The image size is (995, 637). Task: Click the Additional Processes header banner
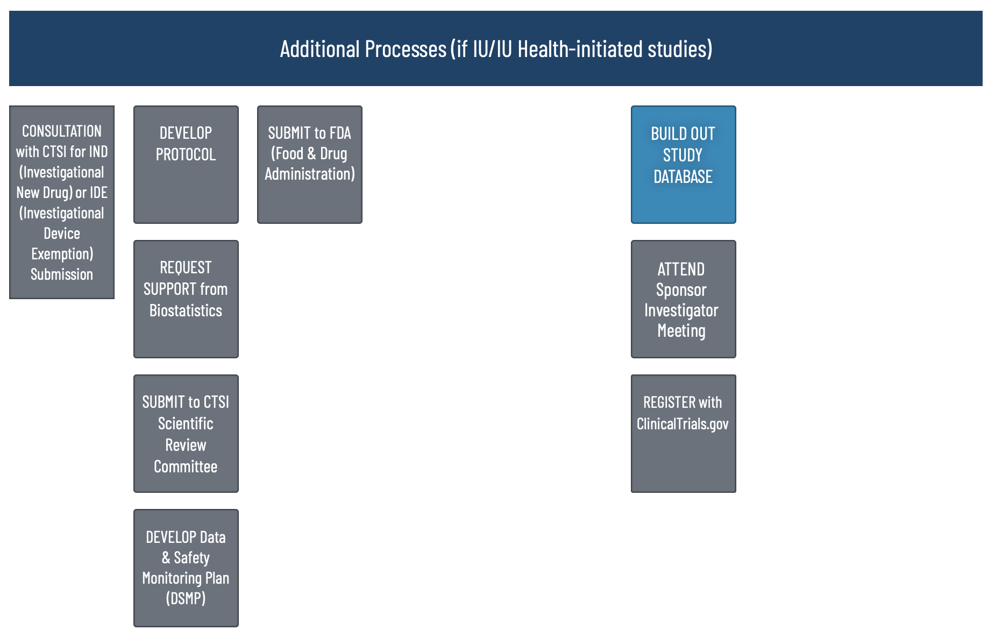coord(495,48)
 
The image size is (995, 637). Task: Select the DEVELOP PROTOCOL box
coord(186,165)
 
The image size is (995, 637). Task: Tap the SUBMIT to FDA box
coord(310,165)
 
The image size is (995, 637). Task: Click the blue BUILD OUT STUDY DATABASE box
coord(684,165)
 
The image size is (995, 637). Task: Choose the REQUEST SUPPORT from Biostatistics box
coord(186,299)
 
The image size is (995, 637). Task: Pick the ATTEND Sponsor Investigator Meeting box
coord(684,299)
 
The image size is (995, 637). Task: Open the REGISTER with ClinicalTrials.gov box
coord(684,434)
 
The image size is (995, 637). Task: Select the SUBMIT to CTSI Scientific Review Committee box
coord(186,434)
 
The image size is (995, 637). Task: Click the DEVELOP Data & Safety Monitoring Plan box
coord(186,568)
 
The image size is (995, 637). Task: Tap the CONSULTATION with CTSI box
coord(62,202)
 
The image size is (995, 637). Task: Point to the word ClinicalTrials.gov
coord(683,424)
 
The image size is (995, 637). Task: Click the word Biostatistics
coord(186,310)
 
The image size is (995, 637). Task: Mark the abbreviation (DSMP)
coord(186,598)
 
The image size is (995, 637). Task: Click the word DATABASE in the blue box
coord(683,176)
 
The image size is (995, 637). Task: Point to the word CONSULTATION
coord(62,131)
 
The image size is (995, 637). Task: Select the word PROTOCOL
coord(186,155)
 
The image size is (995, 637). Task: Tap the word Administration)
coord(310,174)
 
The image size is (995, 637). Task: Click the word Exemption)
coord(62,254)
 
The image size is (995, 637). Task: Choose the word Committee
coord(186,466)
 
